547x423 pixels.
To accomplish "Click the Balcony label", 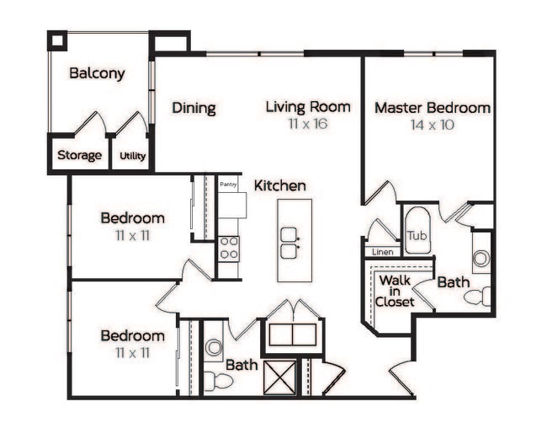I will coord(97,73).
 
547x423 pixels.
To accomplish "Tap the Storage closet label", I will coord(79,155).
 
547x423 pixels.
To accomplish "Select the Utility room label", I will coord(132,156).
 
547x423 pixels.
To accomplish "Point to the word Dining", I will coord(194,108).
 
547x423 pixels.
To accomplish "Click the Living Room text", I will coord(307,107).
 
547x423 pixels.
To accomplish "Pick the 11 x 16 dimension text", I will coord(307,124).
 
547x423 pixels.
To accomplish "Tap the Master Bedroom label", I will coord(432,108).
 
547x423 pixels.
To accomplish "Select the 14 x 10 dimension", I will coord(432,124).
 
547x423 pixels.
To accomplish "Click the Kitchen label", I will coord(280,185).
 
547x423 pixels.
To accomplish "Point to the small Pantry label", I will coord(228,184).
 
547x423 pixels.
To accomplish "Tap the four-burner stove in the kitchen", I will coord(228,247).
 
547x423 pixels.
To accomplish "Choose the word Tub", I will coord(417,235).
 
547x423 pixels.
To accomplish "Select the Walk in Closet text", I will coord(395,291).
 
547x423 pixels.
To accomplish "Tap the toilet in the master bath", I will coord(478,297).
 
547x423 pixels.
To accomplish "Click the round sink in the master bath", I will coord(481,259).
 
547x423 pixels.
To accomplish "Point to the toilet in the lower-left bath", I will coord(217,381).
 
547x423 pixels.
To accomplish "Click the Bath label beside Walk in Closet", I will coord(453,282).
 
